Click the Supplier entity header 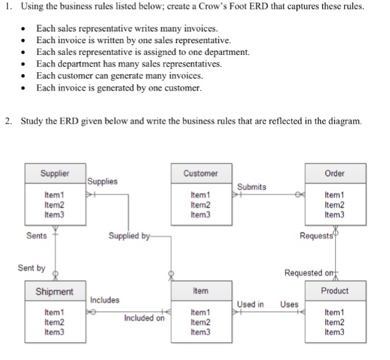click(55, 173)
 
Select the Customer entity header click(201, 173)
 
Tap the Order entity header click(335, 173)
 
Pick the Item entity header click(201, 290)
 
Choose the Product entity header click(335, 290)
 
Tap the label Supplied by click(128, 235)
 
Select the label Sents click(37, 235)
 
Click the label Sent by click(31, 268)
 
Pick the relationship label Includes click(105, 300)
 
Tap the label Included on click(144, 318)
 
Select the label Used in click(251, 304)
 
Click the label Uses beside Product click(290, 304)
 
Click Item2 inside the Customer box click(201, 205)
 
